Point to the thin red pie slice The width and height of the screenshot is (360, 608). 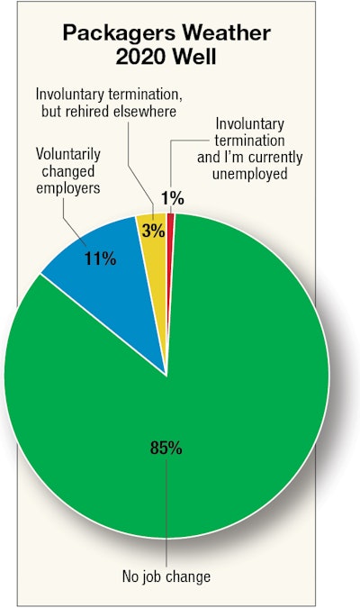coord(170,225)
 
